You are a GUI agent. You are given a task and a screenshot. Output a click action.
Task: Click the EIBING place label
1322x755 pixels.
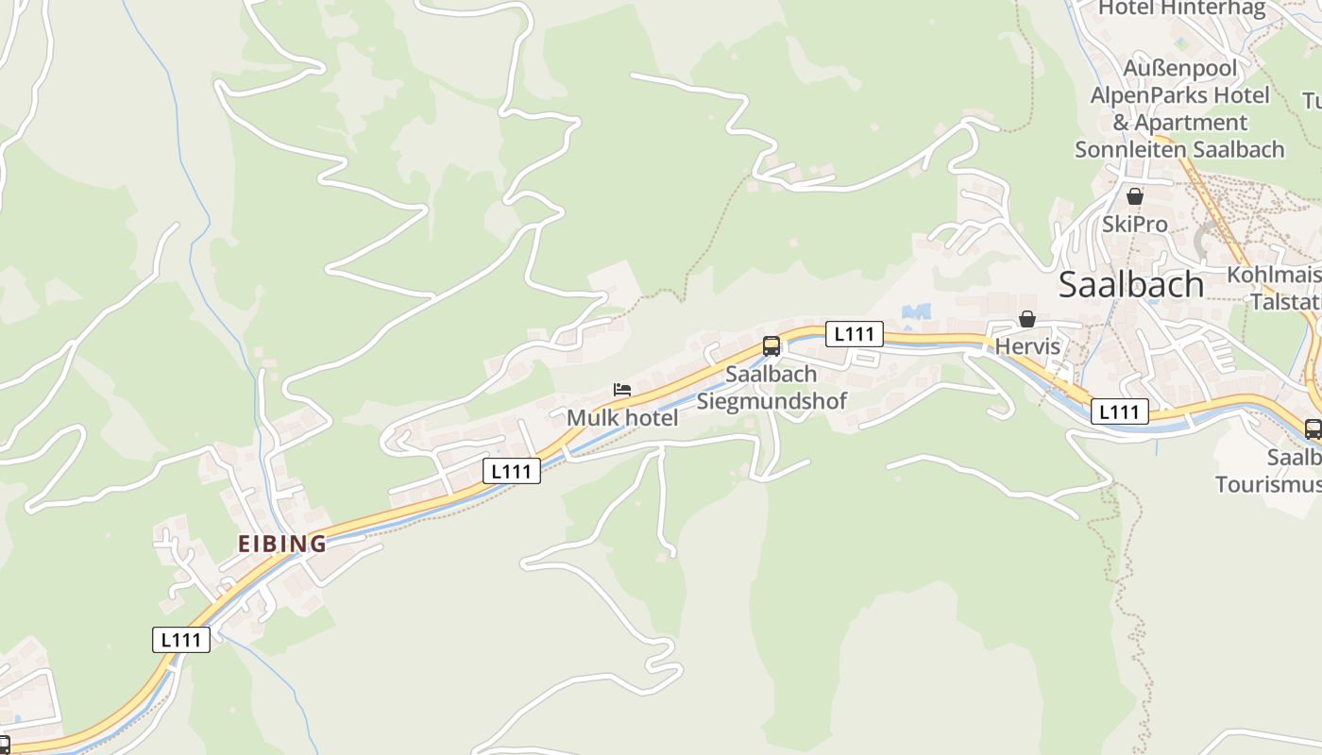point(281,544)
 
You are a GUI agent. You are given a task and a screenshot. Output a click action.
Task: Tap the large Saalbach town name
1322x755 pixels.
point(1130,284)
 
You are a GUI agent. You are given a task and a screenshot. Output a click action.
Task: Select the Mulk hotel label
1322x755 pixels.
point(622,417)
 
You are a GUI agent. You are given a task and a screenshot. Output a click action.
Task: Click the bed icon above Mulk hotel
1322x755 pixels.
point(621,389)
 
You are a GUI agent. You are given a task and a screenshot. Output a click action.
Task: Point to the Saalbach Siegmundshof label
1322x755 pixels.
point(771,387)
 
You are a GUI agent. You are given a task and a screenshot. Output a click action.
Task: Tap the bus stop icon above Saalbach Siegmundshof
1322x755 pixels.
point(771,345)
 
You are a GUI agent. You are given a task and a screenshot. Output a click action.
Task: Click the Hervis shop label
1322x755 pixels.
point(1027,346)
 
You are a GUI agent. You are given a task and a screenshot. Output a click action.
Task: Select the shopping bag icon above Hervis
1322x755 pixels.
point(1026,320)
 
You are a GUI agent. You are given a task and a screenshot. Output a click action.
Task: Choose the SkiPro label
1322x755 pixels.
point(1134,224)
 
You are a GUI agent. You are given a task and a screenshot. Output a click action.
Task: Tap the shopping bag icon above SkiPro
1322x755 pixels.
point(1134,196)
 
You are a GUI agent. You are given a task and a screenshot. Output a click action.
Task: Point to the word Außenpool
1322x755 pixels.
point(1178,68)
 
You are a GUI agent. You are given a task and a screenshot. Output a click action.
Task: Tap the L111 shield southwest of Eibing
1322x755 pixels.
point(181,639)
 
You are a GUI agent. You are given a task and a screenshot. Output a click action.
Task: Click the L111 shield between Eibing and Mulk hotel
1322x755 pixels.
point(512,470)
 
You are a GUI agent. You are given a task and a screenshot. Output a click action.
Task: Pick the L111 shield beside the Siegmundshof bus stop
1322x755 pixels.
point(855,333)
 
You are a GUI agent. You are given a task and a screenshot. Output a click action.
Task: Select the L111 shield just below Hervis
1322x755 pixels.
point(1120,411)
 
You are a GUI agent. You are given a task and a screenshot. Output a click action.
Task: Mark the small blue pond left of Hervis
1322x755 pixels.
point(916,310)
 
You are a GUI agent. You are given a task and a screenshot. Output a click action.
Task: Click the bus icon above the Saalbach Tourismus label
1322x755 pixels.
point(1313,428)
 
